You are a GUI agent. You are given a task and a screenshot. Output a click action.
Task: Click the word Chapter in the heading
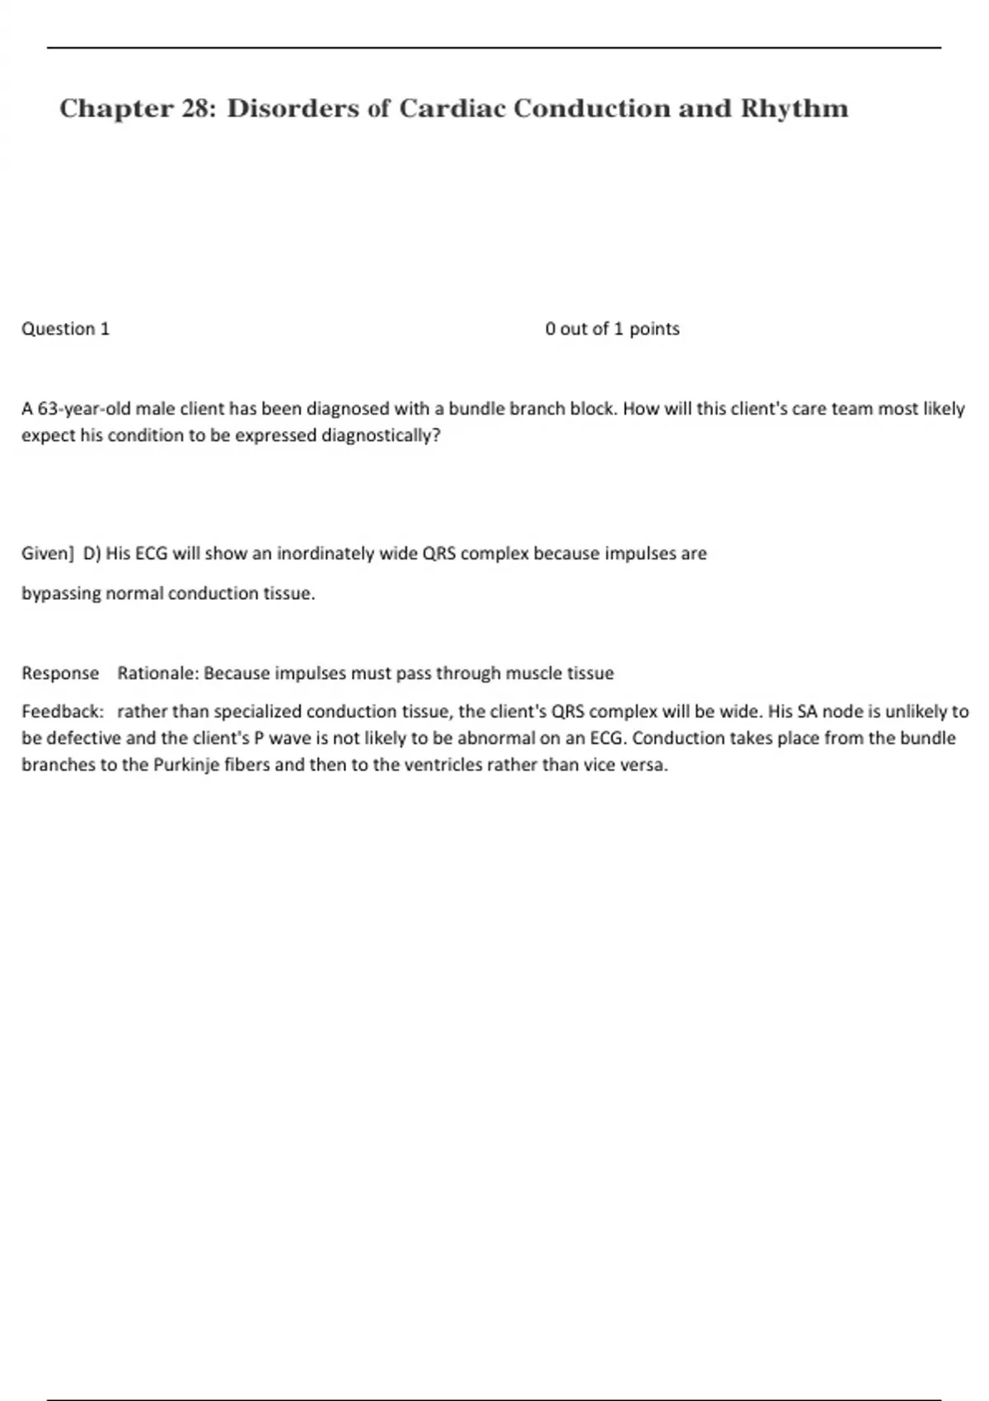[x=115, y=108]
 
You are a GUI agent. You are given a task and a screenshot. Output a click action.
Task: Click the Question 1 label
[x=65, y=329]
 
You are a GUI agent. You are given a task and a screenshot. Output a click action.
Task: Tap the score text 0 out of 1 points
[x=612, y=329]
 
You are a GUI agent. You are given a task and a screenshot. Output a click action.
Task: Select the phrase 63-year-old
[x=84, y=409]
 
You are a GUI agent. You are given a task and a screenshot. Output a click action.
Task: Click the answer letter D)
[x=92, y=554]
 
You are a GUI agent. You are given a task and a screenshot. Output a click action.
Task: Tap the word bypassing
[x=61, y=593]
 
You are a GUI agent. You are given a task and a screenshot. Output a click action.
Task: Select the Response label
[x=60, y=673]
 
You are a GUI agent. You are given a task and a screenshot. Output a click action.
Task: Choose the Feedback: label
[x=63, y=711]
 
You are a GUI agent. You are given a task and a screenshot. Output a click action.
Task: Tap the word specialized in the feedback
[x=257, y=711]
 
